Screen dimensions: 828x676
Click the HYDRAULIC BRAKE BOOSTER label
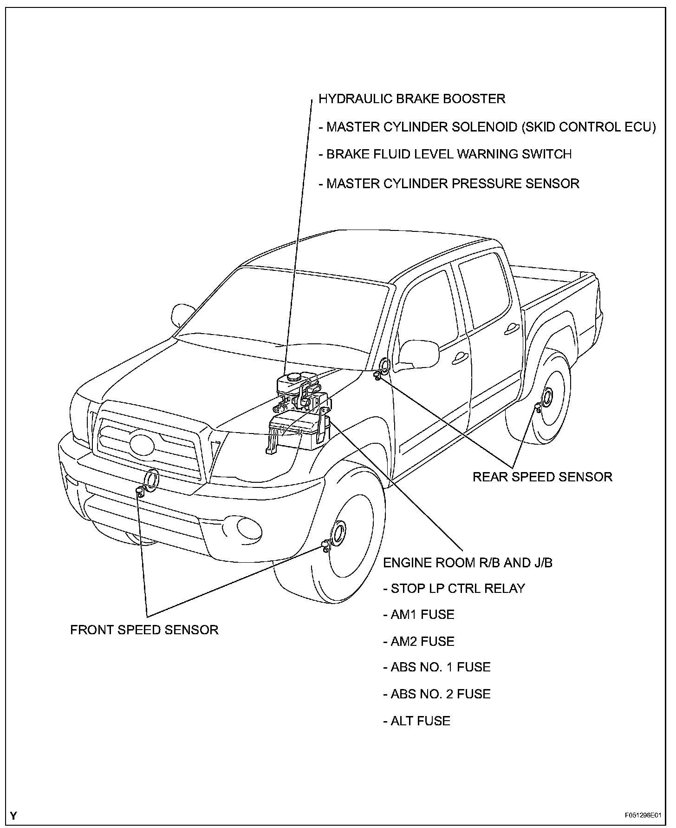click(x=412, y=99)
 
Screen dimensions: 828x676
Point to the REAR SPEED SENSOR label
click(x=542, y=477)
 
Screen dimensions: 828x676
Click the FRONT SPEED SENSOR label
click(x=144, y=630)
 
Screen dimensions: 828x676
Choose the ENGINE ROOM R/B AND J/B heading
click(x=468, y=563)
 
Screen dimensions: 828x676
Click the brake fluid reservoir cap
click(x=293, y=378)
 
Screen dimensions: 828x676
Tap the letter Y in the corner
click(x=13, y=815)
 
